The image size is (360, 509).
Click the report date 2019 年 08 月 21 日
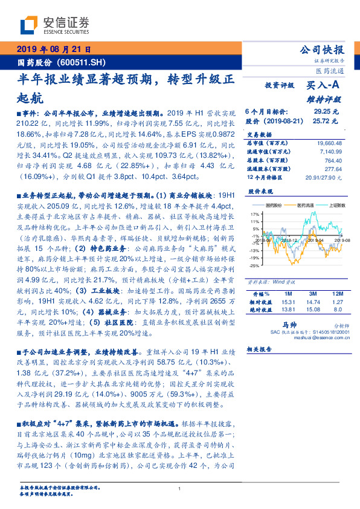[53, 50]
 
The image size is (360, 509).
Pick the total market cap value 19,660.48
[328, 143]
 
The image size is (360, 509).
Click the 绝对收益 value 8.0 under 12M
[338, 309]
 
